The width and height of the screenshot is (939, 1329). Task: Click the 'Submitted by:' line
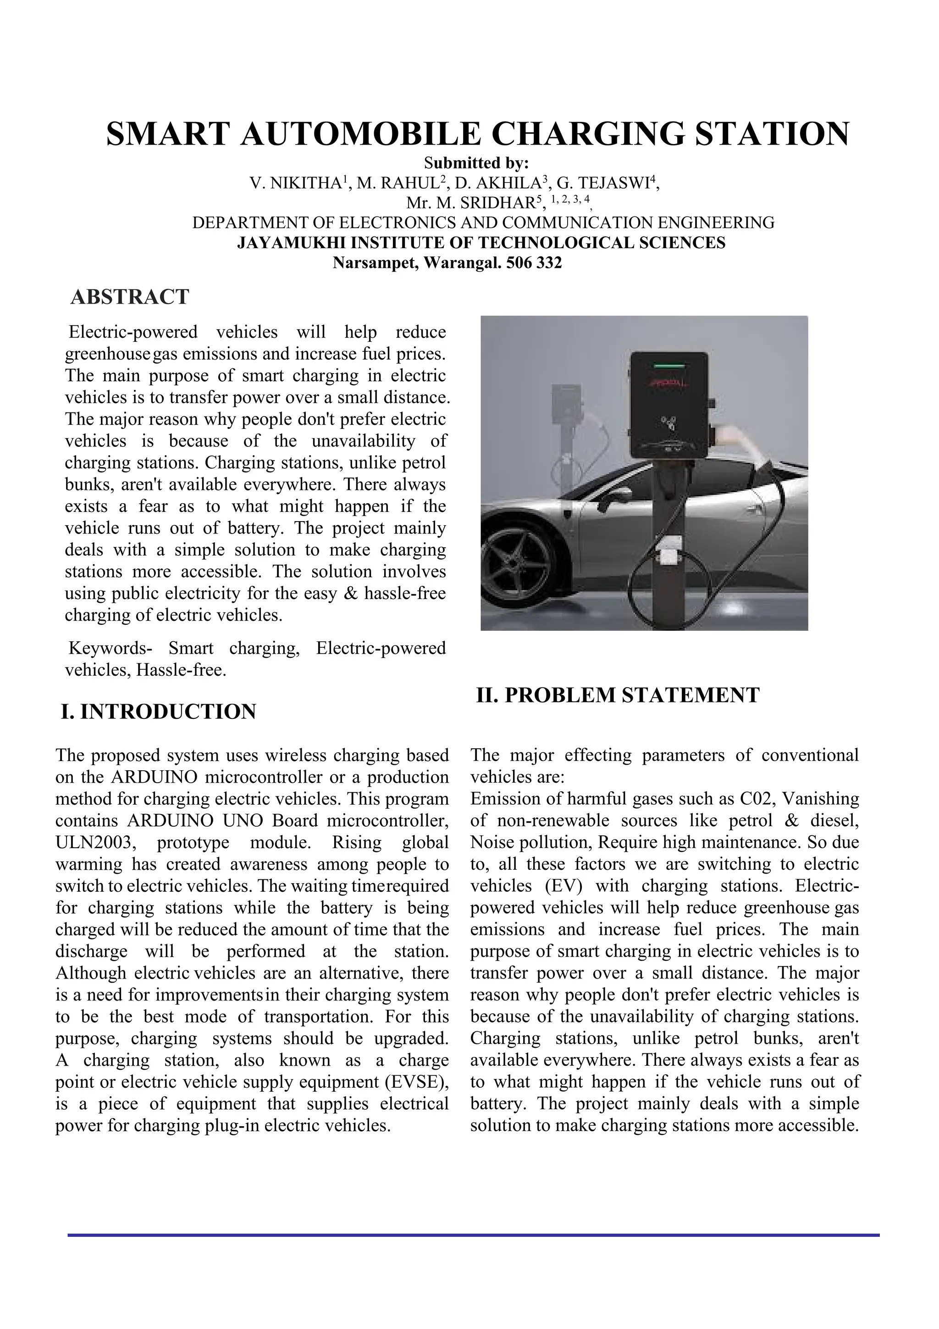(469, 163)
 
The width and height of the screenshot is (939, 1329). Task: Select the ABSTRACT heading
(130, 297)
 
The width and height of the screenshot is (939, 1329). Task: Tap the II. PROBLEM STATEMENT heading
(617, 695)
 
